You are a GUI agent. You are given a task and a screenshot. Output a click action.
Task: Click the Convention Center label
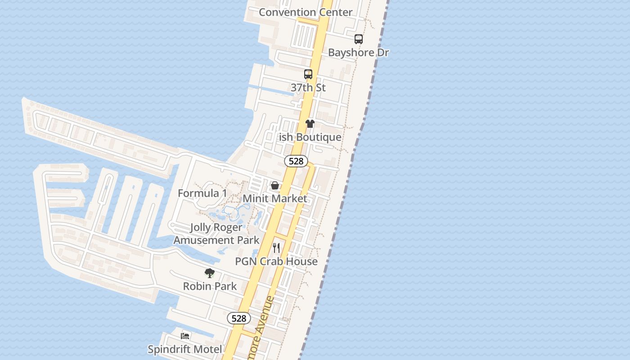306,12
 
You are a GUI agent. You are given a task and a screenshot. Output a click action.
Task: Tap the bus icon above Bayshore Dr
358,39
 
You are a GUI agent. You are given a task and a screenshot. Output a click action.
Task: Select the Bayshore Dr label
358,53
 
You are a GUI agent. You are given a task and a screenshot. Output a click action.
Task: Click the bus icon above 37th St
308,74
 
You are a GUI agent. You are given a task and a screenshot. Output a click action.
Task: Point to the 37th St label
308,87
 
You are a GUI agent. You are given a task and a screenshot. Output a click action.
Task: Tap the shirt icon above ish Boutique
310,124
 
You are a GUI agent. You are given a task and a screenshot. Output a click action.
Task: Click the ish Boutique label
310,137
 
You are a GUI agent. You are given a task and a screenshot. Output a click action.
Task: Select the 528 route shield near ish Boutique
296,161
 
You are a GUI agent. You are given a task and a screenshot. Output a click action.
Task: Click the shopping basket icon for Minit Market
275,185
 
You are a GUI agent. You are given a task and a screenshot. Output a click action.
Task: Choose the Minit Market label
275,198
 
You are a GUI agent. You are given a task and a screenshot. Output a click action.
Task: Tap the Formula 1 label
202,193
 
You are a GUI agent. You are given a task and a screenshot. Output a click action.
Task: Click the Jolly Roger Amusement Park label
216,234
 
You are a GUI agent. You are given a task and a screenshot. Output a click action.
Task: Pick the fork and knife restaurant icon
276,248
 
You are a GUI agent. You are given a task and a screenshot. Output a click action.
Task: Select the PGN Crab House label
276,261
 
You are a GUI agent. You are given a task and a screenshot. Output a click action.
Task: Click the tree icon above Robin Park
209,273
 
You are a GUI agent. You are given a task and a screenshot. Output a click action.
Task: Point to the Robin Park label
210,286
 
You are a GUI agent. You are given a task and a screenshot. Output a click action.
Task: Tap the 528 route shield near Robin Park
238,319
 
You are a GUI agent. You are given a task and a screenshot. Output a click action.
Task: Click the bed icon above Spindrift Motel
185,336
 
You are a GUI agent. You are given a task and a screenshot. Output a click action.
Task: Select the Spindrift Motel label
185,349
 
